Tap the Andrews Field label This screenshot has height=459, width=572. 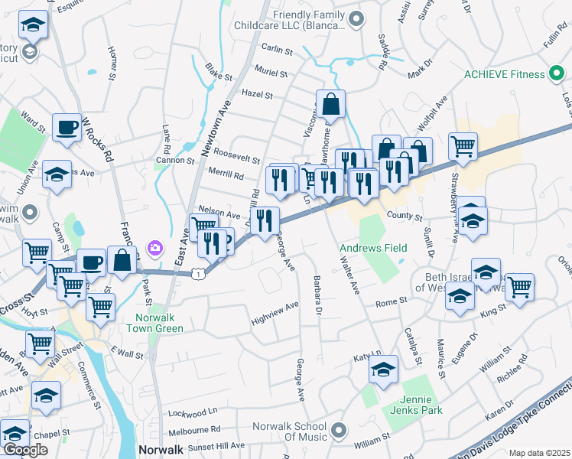tap(374, 248)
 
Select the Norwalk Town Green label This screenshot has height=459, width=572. tap(160, 323)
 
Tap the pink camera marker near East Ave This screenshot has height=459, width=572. tap(155, 247)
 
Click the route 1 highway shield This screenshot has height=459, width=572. tap(198, 273)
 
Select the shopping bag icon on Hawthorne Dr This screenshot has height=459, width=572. tap(331, 103)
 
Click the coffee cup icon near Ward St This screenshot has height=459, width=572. tap(67, 127)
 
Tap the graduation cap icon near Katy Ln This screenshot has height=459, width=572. tap(383, 369)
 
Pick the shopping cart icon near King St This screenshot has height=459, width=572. tap(519, 286)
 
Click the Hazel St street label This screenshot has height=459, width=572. tap(257, 95)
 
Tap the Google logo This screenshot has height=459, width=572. tap(25, 451)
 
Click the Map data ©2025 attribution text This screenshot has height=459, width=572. tap(540, 453)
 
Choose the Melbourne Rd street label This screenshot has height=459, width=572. tap(194, 429)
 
